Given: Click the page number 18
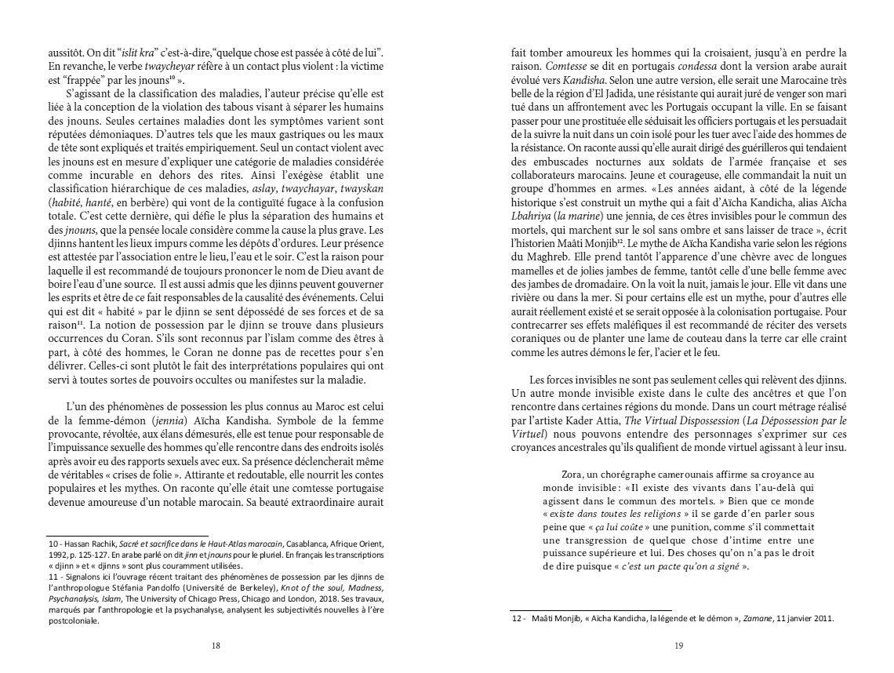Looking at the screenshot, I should click(216, 645).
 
